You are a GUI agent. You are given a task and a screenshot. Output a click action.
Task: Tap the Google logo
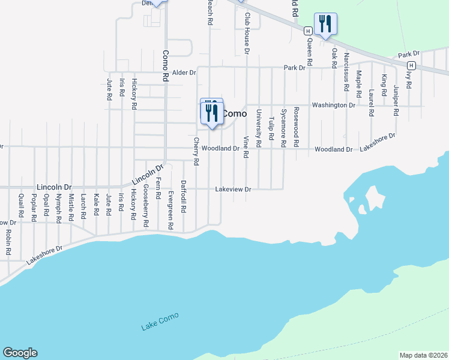tap(20, 353)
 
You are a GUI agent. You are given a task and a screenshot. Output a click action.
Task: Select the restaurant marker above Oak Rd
tap(325, 25)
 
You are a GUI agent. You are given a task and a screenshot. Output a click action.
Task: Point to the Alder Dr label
tap(184, 73)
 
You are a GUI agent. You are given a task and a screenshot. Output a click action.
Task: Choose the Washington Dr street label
tap(334, 105)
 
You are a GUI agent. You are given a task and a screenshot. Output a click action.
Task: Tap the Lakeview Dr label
tap(233, 190)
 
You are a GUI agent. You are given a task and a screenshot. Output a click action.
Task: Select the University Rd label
tap(258, 128)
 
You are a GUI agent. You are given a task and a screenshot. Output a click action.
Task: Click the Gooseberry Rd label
tap(146, 205)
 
